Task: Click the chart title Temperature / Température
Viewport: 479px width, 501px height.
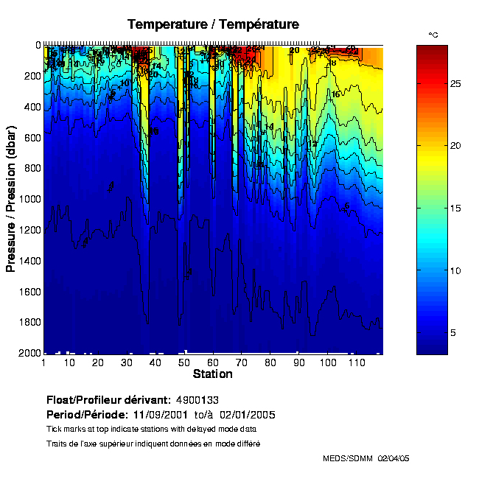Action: [x=213, y=24]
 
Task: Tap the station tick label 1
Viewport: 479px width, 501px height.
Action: [x=44, y=363]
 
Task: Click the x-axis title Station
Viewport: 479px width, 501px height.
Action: [x=212, y=374]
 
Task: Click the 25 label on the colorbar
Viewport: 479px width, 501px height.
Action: [x=455, y=84]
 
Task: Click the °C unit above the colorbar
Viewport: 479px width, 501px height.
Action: [x=433, y=35]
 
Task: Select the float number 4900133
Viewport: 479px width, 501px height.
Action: [x=197, y=399]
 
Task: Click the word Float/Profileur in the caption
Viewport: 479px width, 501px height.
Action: [x=85, y=399]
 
